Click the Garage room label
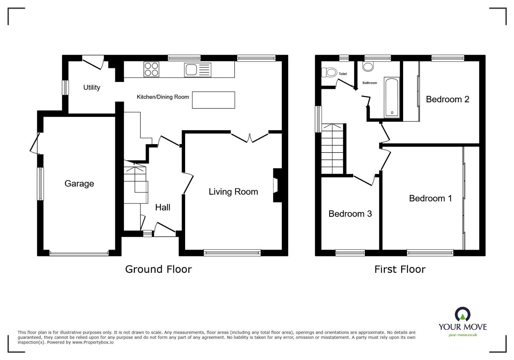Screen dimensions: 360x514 (x=79, y=183)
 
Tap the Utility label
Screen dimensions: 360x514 (x=92, y=88)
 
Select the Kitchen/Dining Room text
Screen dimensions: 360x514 (x=163, y=97)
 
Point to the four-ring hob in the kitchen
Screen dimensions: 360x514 (x=151, y=69)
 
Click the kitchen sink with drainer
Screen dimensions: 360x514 (x=197, y=70)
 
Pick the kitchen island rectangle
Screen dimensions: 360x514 (x=213, y=100)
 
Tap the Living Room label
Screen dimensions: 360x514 (x=233, y=192)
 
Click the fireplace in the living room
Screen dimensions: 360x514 (x=276, y=186)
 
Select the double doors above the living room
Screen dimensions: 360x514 (x=250, y=137)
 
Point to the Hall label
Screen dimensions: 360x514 (x=163, y=208)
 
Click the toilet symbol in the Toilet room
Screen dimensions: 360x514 (x=329, y=72)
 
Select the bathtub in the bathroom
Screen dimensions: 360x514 (x=392, y=97)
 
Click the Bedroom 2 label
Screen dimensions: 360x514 (x=447, y=99)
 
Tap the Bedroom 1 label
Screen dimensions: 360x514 (x=430, y=198)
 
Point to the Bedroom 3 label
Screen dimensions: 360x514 (x=350, y=214)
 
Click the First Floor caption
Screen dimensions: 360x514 (x=400, y=269)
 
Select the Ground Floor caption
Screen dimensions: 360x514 (x=158, y=269)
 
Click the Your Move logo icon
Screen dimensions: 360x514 (x=462, y=314)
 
